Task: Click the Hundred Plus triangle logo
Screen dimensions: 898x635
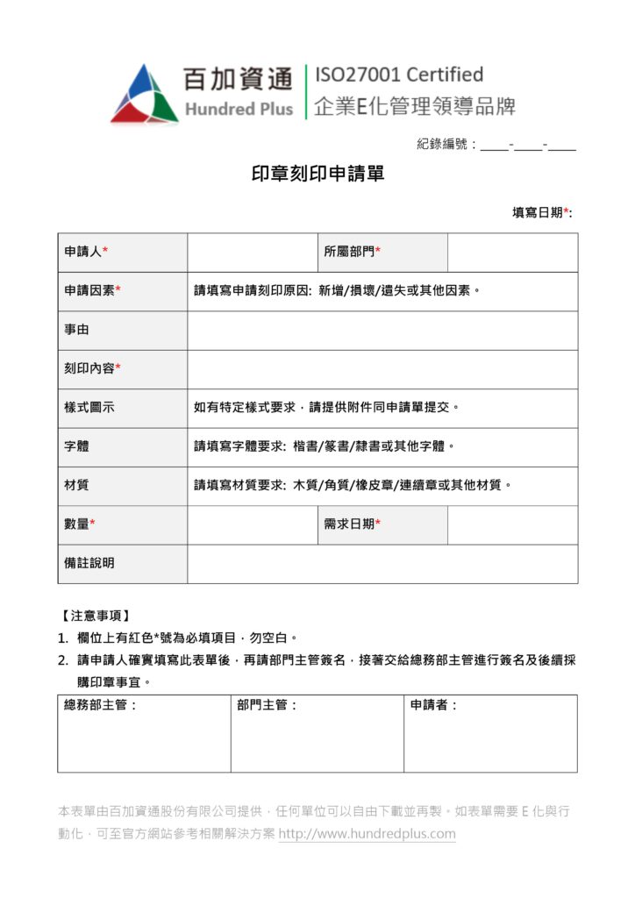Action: (144, 93)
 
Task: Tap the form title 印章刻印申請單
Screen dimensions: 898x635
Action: (317, 175)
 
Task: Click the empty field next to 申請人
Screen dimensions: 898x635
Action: (252, 253)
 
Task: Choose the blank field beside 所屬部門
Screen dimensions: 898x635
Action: (512, 253)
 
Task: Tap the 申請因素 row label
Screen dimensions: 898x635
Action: (92, 291)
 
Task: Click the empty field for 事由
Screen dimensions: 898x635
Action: (382, 331)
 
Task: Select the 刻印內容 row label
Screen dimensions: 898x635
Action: (92, 369)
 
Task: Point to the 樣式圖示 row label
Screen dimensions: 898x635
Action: (89, 408)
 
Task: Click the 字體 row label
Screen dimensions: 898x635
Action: (76, 446)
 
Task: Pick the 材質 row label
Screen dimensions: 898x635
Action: (76, 485)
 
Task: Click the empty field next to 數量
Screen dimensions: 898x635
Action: (252, 524)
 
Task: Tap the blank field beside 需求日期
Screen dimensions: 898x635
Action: (512, 524)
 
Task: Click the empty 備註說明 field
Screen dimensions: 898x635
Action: (382, 563)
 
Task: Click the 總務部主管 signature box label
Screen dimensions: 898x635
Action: (101, 705)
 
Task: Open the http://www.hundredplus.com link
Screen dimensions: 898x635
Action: (367, 834)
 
